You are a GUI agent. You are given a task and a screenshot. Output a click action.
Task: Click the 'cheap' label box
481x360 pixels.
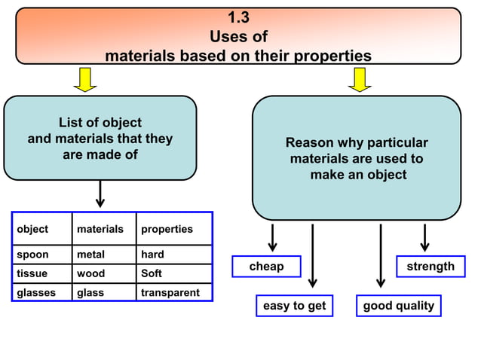click(x=266, y=267)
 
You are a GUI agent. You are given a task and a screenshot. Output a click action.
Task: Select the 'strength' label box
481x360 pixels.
click(x=430, y=267)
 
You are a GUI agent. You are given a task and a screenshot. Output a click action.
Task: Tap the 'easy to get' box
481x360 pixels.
click(x=294, y=306)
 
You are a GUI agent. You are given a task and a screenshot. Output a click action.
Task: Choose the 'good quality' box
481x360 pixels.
click(x=399, y=306)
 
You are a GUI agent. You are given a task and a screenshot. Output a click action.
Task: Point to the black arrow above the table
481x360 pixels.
click(x=100, y=194)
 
